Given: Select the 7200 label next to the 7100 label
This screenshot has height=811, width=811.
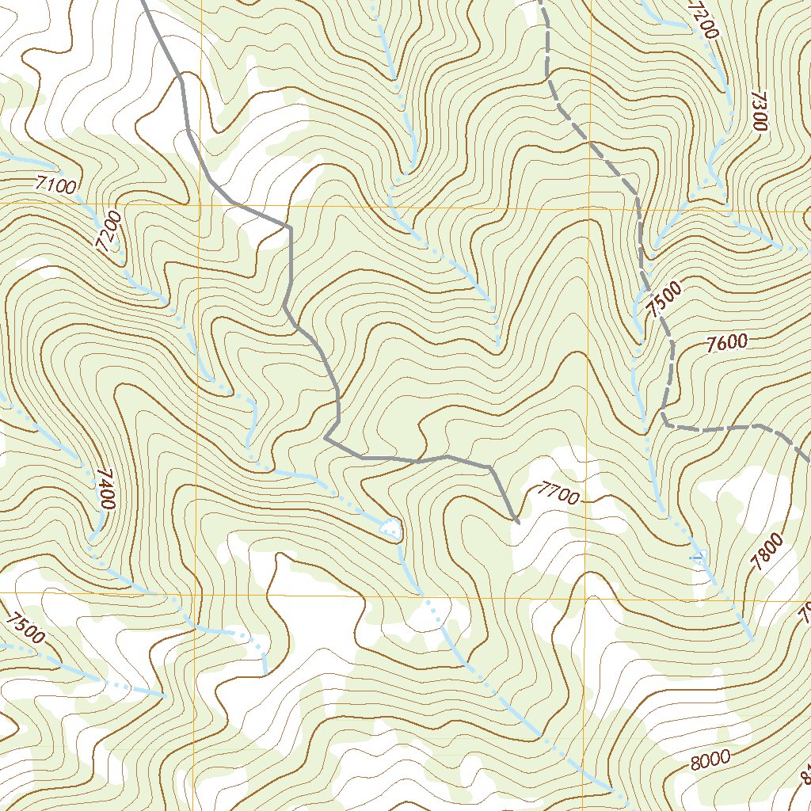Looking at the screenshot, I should click(109, 231).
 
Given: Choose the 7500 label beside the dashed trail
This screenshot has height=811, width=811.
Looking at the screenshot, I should click(663, 300).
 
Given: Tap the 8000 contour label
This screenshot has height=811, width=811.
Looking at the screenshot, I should click(710, 760).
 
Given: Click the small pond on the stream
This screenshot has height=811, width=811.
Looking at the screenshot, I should click(390, 527).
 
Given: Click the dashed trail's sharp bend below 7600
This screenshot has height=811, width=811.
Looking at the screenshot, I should click(662, 420).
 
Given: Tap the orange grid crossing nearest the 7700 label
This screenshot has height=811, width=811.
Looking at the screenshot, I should click(587, 592).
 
